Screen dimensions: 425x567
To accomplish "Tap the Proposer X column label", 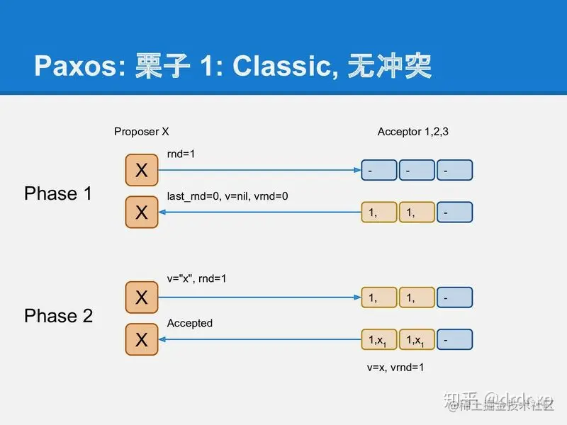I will [142, 132].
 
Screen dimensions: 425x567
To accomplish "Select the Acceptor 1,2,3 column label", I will [412, 132].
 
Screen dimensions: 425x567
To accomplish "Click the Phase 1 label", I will [58, 193].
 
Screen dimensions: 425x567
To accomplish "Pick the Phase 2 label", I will [58, 316].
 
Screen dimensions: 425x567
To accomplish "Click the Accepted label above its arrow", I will [189, 323].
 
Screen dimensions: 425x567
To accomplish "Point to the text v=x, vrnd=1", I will [395, 368].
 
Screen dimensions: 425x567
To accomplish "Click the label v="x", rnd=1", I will [197, 279].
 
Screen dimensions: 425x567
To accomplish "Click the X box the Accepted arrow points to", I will [142, 340].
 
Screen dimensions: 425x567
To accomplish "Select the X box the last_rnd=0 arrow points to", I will [142, 212].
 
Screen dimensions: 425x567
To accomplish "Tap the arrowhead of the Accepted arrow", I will [163, 340].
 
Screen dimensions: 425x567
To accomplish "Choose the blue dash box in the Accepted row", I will [454, 340].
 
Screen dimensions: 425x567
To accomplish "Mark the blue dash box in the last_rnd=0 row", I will [454, 212].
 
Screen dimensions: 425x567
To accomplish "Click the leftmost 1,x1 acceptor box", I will [378, 340].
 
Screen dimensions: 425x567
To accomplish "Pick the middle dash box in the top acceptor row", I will [416, 170].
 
